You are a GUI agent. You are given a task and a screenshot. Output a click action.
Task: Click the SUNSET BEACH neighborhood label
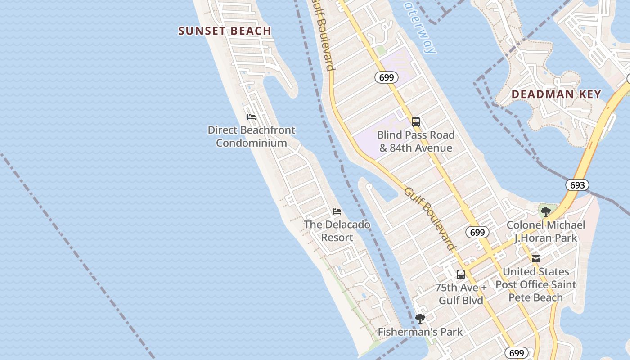225,31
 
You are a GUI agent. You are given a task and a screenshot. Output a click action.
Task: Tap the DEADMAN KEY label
556,94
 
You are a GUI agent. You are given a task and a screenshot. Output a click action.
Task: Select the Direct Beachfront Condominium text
252,136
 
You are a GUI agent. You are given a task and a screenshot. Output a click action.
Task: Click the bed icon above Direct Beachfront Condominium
252,117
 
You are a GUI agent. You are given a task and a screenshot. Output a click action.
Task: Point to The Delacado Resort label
337,231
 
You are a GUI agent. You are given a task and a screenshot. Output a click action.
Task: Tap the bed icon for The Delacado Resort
337,211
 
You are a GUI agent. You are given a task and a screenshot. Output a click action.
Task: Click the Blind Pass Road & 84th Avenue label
415,141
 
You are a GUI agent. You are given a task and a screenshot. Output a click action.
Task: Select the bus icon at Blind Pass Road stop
416,121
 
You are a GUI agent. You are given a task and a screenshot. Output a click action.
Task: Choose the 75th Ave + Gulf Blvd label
461,294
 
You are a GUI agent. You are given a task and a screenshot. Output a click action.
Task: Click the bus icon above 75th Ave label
461,274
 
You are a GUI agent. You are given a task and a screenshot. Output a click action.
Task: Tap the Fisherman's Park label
420,332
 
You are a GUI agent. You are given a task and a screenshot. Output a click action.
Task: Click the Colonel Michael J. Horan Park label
545,231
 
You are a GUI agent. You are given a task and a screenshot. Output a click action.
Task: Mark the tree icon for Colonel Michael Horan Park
546,211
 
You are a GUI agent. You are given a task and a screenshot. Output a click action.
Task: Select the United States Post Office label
535,284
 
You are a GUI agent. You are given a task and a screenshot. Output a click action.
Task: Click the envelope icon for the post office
535,258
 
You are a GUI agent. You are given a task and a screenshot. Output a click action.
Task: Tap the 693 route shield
577,185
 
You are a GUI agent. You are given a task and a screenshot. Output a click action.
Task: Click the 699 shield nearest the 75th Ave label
477,232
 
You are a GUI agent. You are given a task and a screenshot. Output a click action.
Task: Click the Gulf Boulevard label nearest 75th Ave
429,218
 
